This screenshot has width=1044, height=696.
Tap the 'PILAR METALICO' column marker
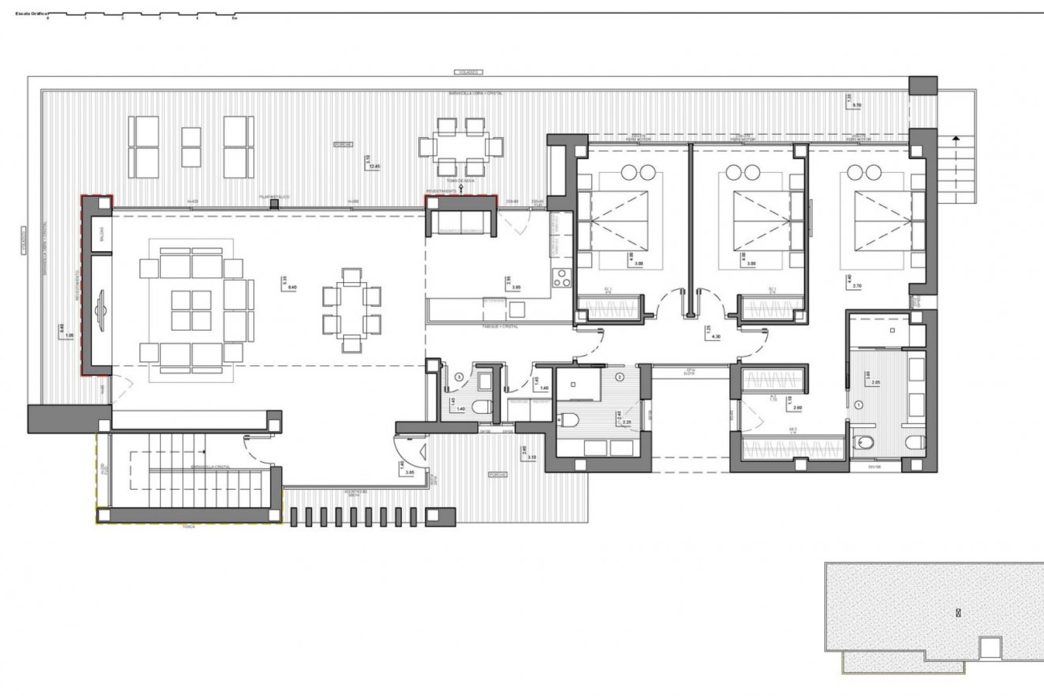tap(275, 204)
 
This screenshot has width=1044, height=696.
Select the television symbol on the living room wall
tap(101, 310)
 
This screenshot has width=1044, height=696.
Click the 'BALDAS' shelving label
tap(101, 234)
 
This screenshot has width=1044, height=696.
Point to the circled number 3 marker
tap(459, 376)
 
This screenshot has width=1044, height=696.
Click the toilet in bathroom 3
tap(481, 407)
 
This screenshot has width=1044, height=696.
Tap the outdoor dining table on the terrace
tap(461, 146)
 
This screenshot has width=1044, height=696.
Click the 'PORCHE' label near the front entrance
tap(498, 474)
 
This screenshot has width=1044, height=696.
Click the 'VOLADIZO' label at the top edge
tap(468, 72)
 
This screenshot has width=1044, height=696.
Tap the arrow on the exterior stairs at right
tap(955, 140)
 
